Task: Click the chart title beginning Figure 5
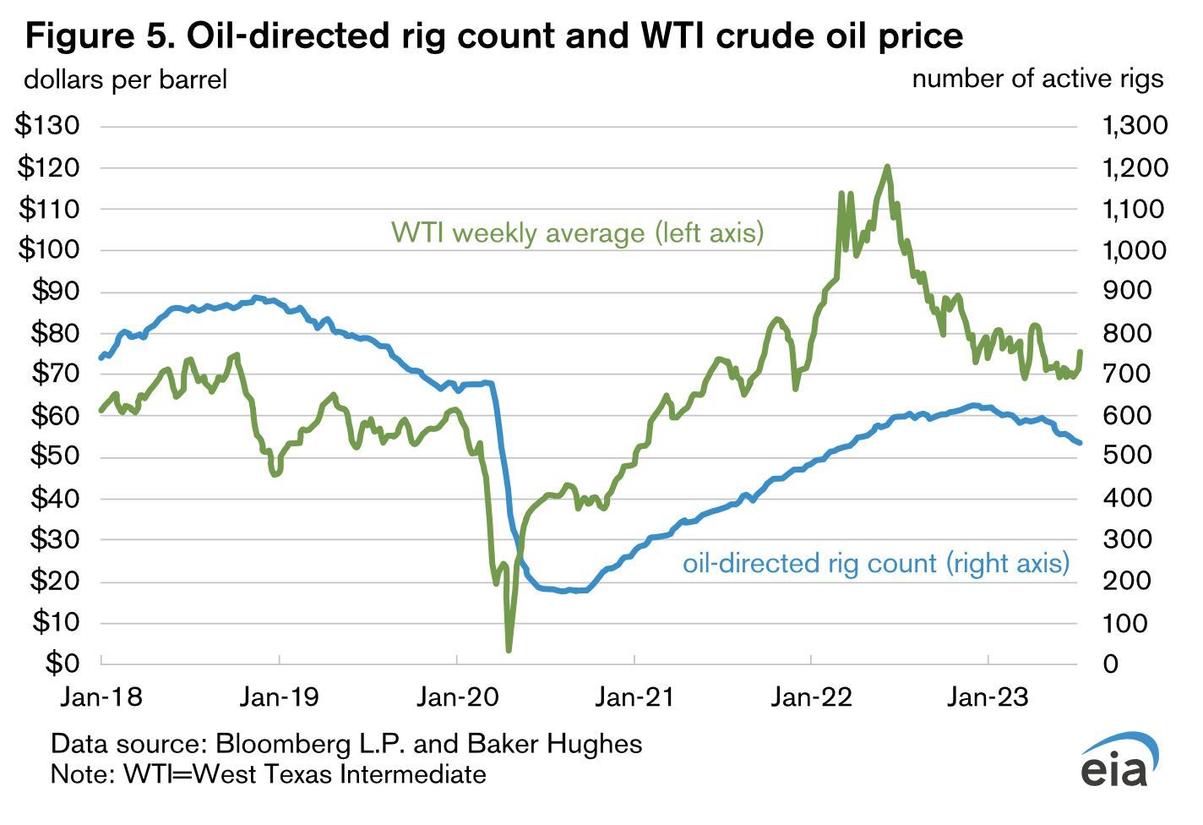click(494, 36)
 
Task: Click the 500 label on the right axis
click(1127, 456)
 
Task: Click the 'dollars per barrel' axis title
click(126, 80)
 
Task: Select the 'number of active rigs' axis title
click(1037, 79)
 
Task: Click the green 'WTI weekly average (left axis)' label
click(577, 232)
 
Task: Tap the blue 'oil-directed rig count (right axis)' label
click(876, 563)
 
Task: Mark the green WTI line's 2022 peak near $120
click(887, 167)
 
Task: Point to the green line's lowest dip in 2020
click(509, 649)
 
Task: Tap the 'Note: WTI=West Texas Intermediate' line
click(269, 773)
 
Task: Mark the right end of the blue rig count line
click(1080, 442)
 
